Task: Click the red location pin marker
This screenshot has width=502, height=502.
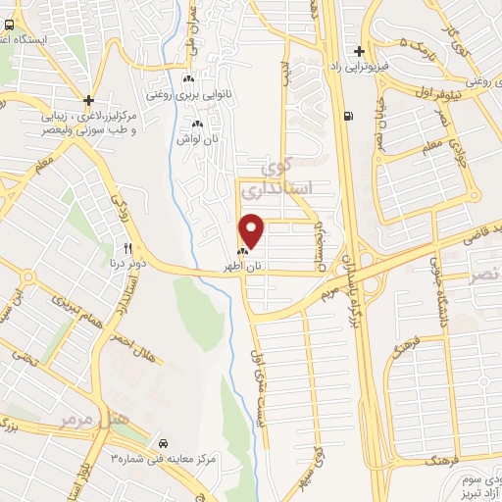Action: click(x=253, y=231)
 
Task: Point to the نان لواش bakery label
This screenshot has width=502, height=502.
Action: click(x=197, y=138)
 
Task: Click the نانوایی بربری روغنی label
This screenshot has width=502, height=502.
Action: click(x=182, y=96)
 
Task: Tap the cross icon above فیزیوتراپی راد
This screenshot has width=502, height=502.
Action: click(x=360, y=51)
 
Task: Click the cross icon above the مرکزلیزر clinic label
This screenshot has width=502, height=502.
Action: click(x=89, y=100)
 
